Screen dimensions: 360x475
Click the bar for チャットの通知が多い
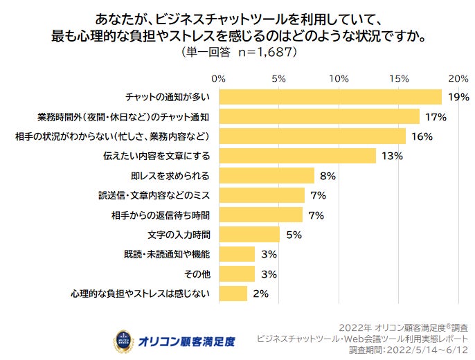pos(330,96)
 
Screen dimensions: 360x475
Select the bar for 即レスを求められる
pos(267,175)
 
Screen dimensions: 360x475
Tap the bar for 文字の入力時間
pos(249,235)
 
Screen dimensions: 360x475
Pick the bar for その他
pos(237,274)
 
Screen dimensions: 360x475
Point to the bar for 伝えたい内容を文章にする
pos(297,156)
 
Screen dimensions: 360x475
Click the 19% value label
pos(458,97)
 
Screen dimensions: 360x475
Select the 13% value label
pos(392,156)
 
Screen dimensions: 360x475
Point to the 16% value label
pos(422,136)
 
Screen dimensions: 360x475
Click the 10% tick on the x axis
pos(339,78)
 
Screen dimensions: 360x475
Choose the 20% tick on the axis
pos(458,78)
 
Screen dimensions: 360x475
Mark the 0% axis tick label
pos(219,78)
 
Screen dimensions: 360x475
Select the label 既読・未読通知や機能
pos(169,254)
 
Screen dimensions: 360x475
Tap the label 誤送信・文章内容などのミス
pos(154,195)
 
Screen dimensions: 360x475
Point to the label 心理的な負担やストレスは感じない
pos(139,294)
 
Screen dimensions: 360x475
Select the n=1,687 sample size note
pos(259,51)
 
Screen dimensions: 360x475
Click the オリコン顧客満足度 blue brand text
pos(186,341)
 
